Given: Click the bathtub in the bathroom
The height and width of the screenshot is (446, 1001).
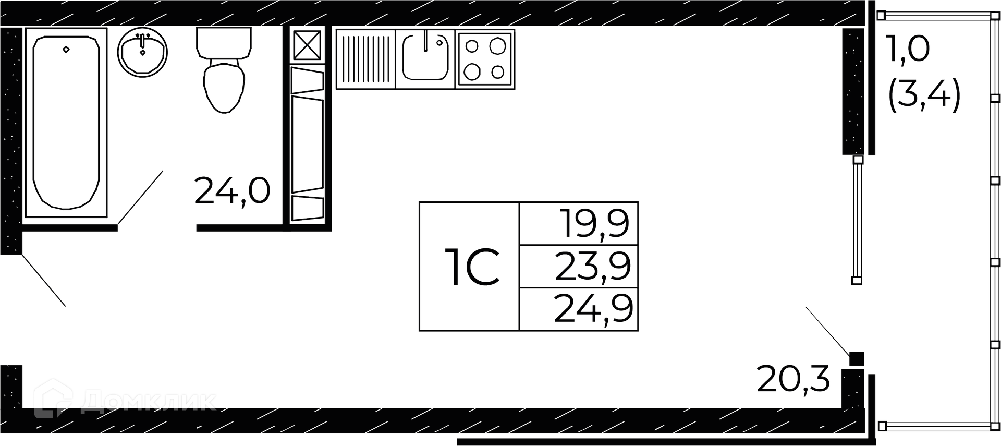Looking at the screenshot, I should (x=66, y=123).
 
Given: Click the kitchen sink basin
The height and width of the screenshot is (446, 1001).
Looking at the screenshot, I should (x=425, y=57).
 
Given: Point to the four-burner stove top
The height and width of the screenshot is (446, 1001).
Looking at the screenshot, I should (x=485, y=58).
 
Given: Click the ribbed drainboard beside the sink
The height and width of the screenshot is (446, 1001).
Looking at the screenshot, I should (x=365, y=58).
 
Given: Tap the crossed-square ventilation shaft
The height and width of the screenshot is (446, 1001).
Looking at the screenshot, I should (x=307, y=45).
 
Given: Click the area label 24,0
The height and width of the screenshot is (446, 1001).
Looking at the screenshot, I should (x=232, y=190).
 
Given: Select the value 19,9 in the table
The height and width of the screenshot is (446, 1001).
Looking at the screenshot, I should (x=594, y=223).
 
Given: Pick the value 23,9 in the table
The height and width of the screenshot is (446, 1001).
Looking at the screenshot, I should (x=593, y=266).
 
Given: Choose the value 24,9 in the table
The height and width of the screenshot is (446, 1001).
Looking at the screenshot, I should (x=593, y=309).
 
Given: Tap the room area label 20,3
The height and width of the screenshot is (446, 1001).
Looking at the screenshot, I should (x=793, y=380).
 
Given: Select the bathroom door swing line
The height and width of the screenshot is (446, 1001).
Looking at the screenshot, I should (x=140, y=198).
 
